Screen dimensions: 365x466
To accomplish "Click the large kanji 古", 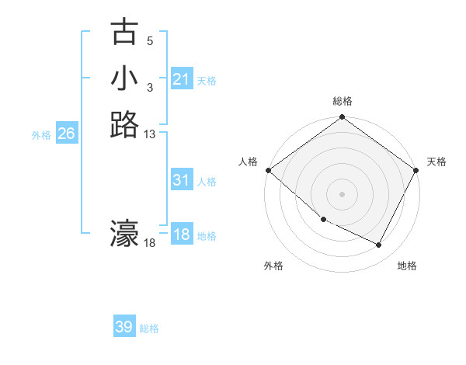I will click(x=124, y=33).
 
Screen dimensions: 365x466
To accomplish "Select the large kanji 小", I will click(x=124, y=78).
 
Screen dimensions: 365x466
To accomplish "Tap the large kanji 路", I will click(x=124, y=124).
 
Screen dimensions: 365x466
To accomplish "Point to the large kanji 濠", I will click(x=124, y=234).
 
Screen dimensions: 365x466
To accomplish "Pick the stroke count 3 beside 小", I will click(x=150, y=88).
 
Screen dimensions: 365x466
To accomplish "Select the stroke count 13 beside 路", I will click(x=150, y=134).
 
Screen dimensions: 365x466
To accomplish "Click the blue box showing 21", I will click(x=181, y=79).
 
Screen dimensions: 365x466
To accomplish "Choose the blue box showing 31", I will click(x=181, y=180).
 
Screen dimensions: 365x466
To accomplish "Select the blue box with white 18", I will click(x=181, y=235).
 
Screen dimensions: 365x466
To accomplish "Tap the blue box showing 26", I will click(x=66, y=134).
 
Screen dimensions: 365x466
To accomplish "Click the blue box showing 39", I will click(x=124, y=327).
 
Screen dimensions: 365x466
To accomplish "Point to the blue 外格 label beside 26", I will click(x=41, y=134).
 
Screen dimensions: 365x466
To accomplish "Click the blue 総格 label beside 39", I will click(x=149, y=328).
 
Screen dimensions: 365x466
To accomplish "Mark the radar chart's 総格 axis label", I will click(x=343, y=102).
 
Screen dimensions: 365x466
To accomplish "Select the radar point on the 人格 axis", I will click(x=268, y=170).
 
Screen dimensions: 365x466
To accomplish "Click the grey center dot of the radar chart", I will click(x=343, y=194).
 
